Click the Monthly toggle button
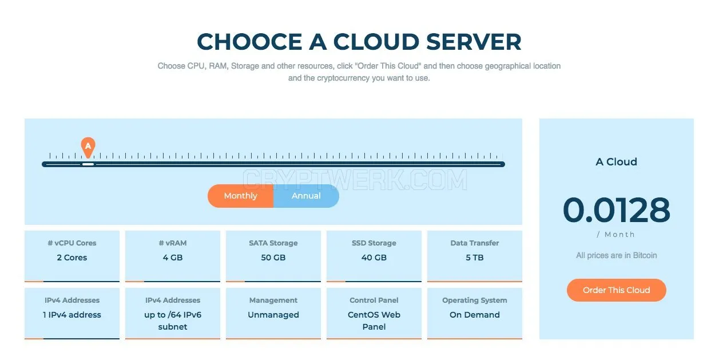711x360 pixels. point(241,196)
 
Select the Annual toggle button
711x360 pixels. point(306,196)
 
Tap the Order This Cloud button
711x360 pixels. point(617,290)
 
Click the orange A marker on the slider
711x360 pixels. point(88,147)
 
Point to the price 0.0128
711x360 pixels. point(617,210)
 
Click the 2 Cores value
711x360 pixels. point(72,258)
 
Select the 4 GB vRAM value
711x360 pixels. point(173,258)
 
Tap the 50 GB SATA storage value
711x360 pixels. point(273,258)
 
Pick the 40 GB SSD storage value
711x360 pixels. point(374,258)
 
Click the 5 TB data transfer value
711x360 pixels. point(475,258)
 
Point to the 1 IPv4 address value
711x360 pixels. point(72,315)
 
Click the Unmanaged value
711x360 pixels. point(273,315)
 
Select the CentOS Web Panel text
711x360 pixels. point(374,321)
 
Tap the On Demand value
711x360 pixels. point(475,315)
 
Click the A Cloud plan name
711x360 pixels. point(617,162)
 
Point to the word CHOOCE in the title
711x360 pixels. point(250,42)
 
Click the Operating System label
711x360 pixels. point(475,300)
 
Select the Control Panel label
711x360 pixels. point(374,300)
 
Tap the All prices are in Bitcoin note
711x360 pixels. point(617,256)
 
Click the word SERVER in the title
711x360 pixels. point(474,42)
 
